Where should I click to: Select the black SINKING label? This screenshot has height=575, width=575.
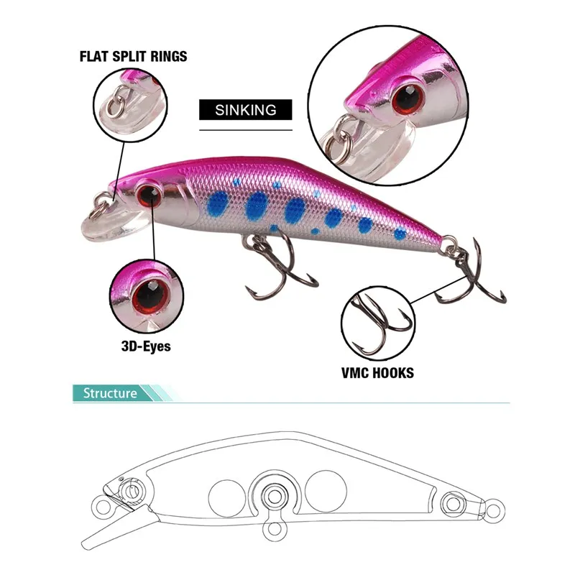[246, 110]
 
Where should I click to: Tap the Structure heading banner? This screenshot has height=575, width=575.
[110, 393]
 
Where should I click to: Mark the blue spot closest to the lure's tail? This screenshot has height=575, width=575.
[400, 233]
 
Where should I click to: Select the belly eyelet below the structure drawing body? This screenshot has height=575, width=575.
[273, 529]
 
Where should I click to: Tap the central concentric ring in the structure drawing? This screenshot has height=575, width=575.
[273, 494]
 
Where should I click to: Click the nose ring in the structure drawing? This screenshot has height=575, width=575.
[132, 491]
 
